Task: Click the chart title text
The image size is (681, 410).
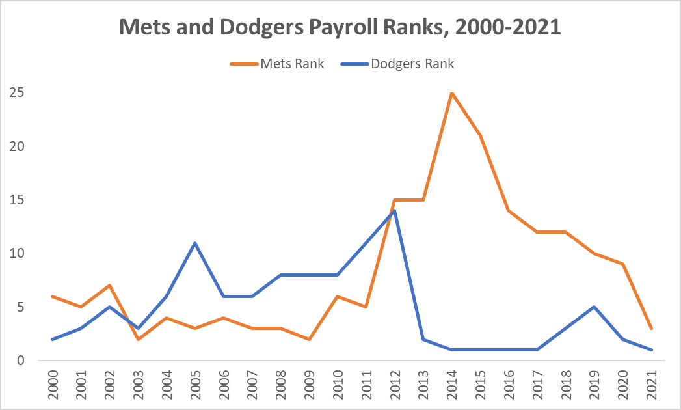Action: coord(340,28)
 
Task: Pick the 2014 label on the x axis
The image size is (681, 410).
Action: coord(452,385)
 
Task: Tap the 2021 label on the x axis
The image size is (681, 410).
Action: coord(651,385)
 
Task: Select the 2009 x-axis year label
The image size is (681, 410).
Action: coord(309,385)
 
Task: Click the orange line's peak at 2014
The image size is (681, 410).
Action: coord(451,93)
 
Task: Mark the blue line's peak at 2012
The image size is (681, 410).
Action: coord(394,211)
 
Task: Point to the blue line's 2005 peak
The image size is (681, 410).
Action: coord(194,243)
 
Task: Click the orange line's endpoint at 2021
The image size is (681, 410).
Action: coord(651,328)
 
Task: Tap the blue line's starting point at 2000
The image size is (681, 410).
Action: coord(51,339)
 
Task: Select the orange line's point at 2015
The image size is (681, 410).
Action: coord(480,136)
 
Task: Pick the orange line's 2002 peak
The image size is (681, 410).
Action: coord(109,286)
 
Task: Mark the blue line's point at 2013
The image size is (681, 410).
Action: coord(423,339)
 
